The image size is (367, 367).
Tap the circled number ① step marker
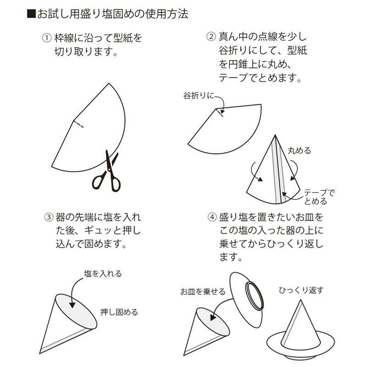tap(47, 38)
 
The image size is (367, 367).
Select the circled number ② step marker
tap(211, 37)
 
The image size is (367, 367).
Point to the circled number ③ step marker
tap(49, 217)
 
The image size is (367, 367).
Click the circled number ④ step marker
tap(212, 217)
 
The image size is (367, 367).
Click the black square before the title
tap(31, 14)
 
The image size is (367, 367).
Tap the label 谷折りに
tap(199, 95)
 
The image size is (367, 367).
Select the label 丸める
tap(300, 150)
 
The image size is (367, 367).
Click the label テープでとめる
tap(319, 197)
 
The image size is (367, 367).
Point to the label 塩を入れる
tap(103, 273)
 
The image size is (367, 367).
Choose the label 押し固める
tap(119, 312)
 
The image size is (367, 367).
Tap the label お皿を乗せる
tap(203, 292)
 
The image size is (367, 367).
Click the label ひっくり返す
tap(301, 290)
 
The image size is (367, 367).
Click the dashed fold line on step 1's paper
tap(78, 124)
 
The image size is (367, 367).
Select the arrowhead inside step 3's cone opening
tap(72, 305)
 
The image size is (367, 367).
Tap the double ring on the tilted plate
tap(255, 296)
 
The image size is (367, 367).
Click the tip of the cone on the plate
tap(301, 300)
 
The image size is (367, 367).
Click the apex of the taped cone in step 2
tap(275, 135)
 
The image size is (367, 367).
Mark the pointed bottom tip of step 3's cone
tap(40, 353)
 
